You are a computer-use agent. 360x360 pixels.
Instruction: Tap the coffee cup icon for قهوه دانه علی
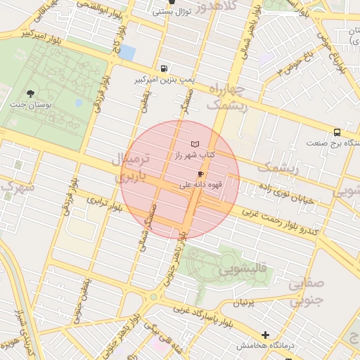coord(200,174)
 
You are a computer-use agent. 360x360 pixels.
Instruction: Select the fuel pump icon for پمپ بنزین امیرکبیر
coord(165,69)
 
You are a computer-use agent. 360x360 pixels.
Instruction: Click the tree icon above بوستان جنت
coord(30,94)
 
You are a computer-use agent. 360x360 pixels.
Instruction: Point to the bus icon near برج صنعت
coord(337,131)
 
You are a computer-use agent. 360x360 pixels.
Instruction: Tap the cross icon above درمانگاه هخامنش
coord(265,335)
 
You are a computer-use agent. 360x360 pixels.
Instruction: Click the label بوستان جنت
coord(26,104)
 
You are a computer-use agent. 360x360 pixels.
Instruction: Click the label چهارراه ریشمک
coord(226,98)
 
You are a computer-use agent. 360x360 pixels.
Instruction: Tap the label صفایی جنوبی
coord(305,292)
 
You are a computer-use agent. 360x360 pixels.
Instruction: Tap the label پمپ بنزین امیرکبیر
coord(163,79)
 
